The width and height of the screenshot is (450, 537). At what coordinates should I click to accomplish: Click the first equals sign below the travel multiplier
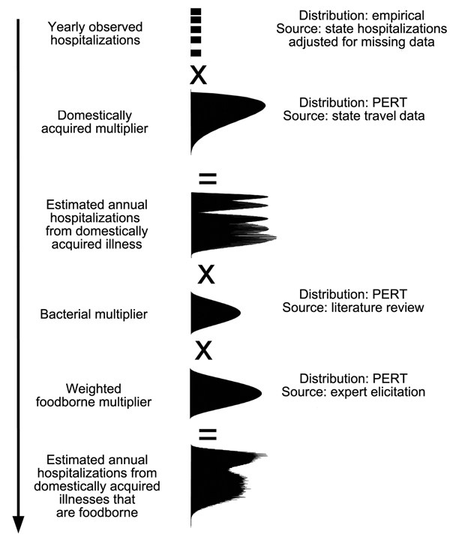click(207, 178)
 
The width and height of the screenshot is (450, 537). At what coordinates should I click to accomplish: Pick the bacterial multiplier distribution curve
click(211, 313)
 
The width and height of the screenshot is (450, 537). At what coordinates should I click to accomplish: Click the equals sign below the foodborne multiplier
click(208, 433)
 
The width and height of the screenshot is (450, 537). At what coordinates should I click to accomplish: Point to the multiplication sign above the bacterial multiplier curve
click(205, 274)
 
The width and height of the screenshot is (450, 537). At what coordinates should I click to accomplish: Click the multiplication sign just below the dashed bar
click(199, 75)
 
